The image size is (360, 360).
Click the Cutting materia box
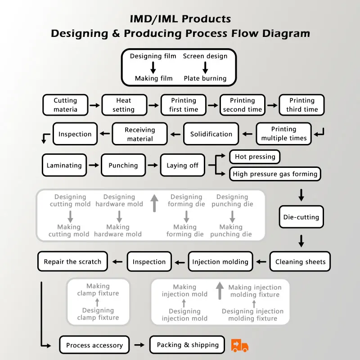click(x=65, y=105)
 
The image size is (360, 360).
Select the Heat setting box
click(x=124, y=105)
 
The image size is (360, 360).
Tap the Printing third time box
click(x=301, y=105)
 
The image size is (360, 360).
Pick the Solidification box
click(x=211, y=134)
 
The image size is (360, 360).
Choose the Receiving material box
click(x=140, y=134)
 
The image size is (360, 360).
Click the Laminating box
click(x=64, y=165)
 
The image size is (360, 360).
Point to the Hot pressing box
click(x=255, y=157)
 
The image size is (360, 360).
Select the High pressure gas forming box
click(x=275, y=174)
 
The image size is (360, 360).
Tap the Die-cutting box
click(x=301, y=217)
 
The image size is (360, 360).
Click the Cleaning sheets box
click(x=300, y=261)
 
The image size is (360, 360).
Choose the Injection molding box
click(x=220, y=261)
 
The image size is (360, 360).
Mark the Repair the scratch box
click(x=72, y=261)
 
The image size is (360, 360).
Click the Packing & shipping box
click(x=187, y=345)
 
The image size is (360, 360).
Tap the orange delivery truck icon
click(x=240, y=345)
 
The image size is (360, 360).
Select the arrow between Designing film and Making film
click(x=153, y=67)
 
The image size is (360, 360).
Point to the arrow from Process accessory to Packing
click(x=139, y=345)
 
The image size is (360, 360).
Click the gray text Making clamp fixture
click(x=98, y=289)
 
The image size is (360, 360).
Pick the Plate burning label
click(x=205, y=78)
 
